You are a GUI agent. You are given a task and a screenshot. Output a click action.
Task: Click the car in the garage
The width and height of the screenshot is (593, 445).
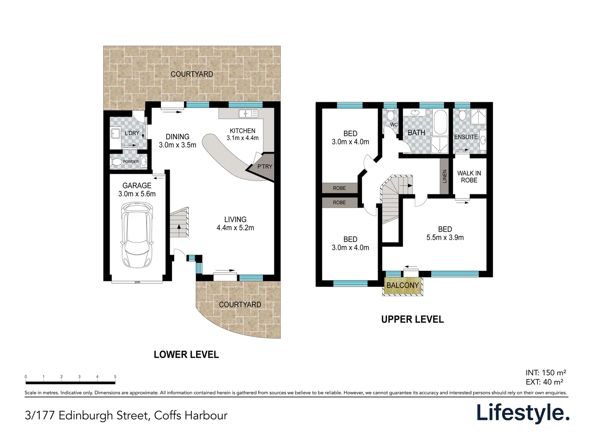[x=138, y=235]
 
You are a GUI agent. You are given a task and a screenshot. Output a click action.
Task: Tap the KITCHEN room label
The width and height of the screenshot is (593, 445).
[x=243, y=131]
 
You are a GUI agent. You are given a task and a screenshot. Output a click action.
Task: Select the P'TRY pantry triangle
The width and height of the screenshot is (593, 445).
[x=264, y=167]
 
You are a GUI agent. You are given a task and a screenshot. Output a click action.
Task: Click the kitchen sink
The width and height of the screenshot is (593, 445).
[x=248, y=113]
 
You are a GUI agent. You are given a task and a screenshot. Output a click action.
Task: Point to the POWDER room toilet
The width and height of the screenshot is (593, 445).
[x=117, y=162]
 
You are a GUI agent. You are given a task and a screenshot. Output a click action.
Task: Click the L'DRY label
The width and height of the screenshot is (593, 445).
[x=132, y=133]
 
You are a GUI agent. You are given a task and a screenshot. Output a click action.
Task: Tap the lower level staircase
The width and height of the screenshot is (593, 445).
[x=180, y=223]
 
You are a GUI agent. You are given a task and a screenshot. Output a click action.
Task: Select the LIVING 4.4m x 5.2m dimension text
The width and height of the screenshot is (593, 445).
[x=235, y=228]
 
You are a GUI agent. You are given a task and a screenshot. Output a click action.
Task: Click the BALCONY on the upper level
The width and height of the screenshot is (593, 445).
[x=402, y=286]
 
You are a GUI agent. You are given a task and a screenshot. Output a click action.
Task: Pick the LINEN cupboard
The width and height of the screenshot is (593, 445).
[x=444, y=176]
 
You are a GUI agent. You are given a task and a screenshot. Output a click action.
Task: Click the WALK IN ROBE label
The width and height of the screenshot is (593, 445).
[x=469, y=177]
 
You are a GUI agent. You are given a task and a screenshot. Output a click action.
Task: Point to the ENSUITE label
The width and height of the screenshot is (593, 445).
[x=466, y=137]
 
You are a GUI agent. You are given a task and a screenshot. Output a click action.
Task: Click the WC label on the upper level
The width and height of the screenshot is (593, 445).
[x=394, y=124]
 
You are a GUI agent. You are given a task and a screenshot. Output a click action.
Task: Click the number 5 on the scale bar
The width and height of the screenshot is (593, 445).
[x=115, y=377]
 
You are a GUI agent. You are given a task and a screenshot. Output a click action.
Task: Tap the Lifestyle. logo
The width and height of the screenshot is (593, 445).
[x=523, y=413]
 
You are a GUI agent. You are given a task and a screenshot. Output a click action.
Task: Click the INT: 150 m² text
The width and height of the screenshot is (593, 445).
[x=546, y=373]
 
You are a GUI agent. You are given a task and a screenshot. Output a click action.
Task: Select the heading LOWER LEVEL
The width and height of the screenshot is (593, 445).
[x=186, y=355]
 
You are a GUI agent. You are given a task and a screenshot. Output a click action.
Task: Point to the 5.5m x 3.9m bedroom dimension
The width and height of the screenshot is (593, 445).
[x=445, y=238]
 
